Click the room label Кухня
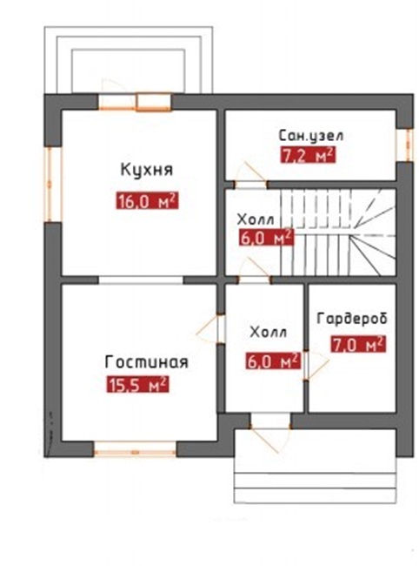tap(147, 170)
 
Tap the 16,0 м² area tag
tap(147, 201)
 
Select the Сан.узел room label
tap(311, 136)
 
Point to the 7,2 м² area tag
tap(308, 155)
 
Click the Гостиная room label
tap(146, 362)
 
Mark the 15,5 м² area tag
tap(137, 385)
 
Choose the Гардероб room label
tap(352, 319)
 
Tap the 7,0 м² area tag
tap(358, 345)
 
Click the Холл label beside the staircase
tap(256, 219)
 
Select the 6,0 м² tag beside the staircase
tap(266, 238)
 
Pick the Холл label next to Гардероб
tap(269, 333)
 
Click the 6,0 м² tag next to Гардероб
tap(274, 361)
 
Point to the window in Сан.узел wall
tap(406, 145)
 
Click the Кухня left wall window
tap(53, 184)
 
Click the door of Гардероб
tap(314, 365)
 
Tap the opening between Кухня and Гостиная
tap(141, 280)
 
